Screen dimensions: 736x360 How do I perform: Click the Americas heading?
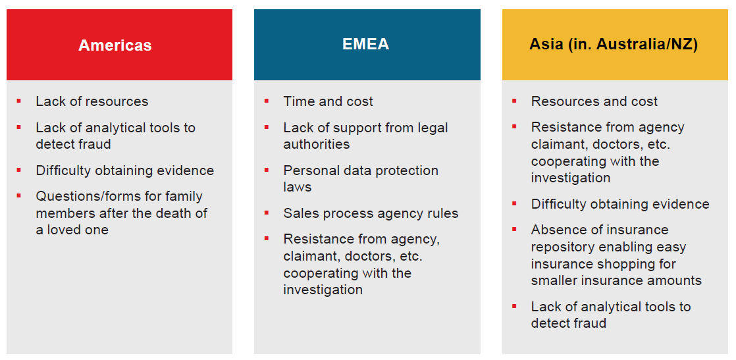pyautogui.click(x=115, y=45)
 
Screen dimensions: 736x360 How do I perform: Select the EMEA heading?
pyautogui.click(x=365, y=44)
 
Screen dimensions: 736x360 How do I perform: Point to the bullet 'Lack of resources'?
pyautogui.click(x=92, y=101)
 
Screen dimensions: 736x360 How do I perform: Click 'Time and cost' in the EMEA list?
pyautogui.click(x=328, y=101)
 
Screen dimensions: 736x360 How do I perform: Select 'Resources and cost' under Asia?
pyautogui.click(x=594, y=101)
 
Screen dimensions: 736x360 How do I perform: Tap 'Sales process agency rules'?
pyautogui.click(x=371, y=213)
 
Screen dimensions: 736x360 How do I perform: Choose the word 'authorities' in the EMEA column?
pyautogui.click(x=317, y=144)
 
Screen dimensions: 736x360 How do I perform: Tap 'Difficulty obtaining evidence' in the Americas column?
pyautogui.click(x=125, y=170)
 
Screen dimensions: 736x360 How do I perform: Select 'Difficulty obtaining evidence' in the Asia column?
pyautogui.click(x=620, y=204)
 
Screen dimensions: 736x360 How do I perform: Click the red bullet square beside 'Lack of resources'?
pyautogui.click(x=19, y=101)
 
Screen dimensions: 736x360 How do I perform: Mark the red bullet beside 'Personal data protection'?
pyautogui.click(x=266, y=169)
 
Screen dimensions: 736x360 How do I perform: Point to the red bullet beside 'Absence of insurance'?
pyautogui.click(x=514, y=229)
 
